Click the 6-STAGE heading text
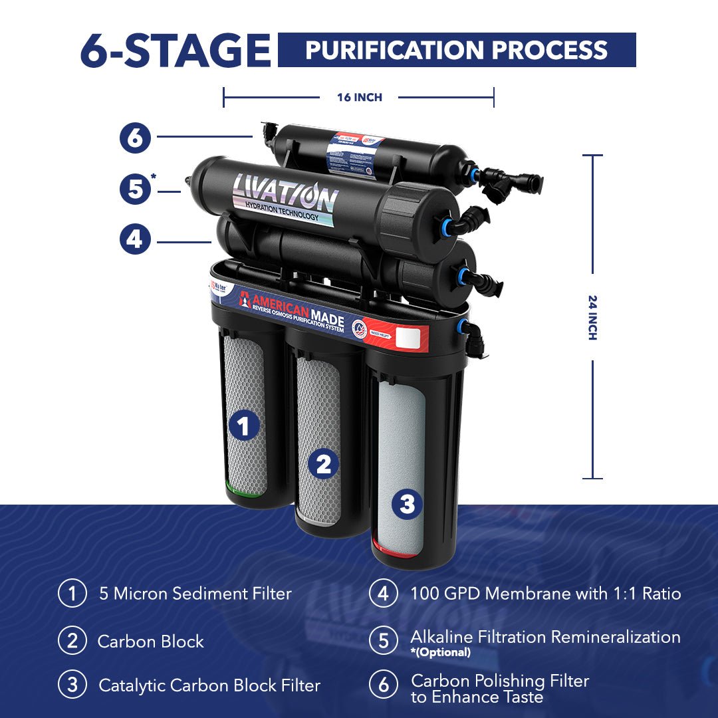[x=175, y=51]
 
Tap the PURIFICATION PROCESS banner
[x=456, y=51]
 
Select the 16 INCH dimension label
[x=359, y=98]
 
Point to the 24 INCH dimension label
[x=592, y=317]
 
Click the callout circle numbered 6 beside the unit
[x=135, y=138]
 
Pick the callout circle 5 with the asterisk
[x=136, y=189]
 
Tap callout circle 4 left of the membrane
[x=135, y=239]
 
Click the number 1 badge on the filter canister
[x=245, y=425]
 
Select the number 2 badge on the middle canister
[x=323, y=465]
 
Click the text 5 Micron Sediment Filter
[x=195, y=594]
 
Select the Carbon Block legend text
[x=150, y=642]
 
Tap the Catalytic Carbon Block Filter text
[x=209, y=685]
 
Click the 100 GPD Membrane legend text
[x=545, y=594]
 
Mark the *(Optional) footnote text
[x=440, y=652]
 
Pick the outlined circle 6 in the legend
[x=384, y=685]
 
